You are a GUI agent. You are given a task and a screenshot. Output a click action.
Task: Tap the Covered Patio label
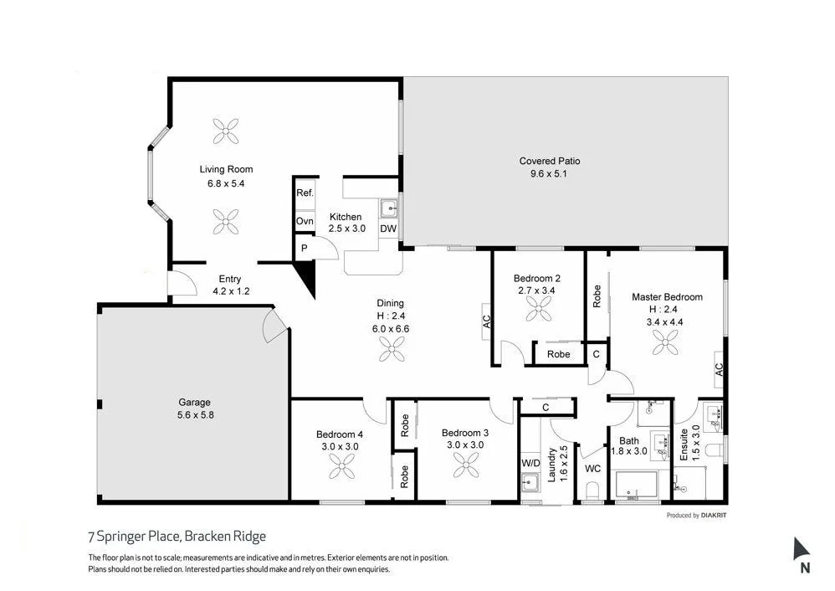550,161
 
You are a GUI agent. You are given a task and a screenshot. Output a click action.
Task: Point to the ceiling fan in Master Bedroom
667,340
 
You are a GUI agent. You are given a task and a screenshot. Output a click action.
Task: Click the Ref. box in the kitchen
305,193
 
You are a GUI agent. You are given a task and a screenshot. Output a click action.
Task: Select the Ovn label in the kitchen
305,221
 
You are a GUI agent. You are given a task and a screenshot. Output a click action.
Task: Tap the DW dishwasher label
388,229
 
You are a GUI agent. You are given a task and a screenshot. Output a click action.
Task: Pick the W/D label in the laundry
530,462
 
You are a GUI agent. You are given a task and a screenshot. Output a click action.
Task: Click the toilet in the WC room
593,490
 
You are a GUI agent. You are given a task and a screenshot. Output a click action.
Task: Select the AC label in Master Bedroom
719,367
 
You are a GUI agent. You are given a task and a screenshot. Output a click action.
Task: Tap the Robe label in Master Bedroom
597,295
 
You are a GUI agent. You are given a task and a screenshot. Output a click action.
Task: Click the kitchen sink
388,208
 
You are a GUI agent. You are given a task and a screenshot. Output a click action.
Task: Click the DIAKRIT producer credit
714,516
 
